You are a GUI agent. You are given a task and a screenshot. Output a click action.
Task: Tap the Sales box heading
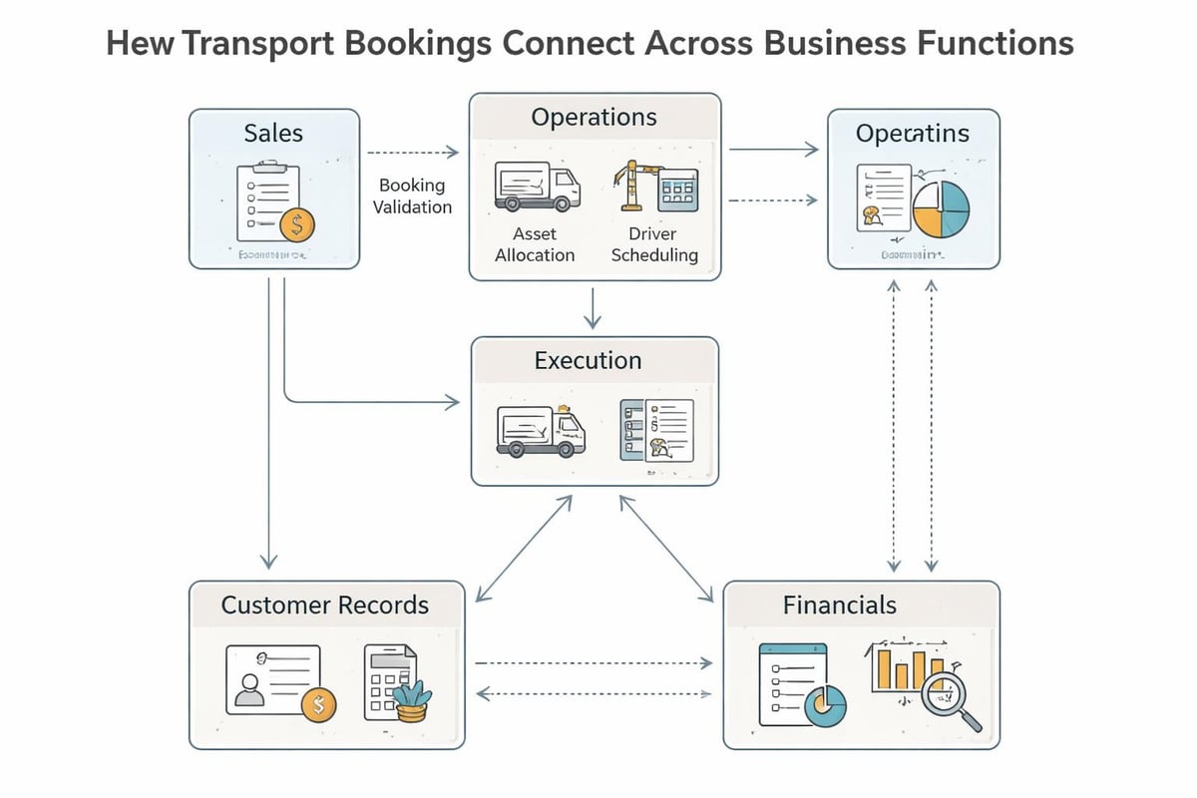click(273, 133)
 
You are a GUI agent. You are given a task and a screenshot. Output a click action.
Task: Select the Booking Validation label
click(412, 196)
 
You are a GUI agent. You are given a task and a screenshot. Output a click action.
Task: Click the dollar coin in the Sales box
click(296, 225)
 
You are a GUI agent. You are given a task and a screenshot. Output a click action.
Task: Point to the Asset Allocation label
click(535, 243)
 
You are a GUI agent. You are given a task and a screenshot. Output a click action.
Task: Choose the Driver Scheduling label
click(654, 243)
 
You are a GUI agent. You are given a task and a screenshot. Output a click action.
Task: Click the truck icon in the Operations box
click(537, 188)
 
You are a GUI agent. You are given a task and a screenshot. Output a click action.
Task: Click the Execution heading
click(588, 360)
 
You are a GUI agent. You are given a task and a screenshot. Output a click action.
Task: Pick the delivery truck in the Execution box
click(541, 430)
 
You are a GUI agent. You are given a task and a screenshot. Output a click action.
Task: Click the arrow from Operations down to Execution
click(594, 308)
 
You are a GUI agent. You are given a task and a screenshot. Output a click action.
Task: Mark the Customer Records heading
click(325, 604)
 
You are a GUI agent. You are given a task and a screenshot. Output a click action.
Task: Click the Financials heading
click(840, 604)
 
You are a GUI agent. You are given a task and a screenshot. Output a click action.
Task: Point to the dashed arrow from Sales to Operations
click(412, 153)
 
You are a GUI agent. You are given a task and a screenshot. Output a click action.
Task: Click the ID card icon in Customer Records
click(273, 678)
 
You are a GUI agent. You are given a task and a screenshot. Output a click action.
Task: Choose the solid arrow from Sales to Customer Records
click(268, 419)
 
